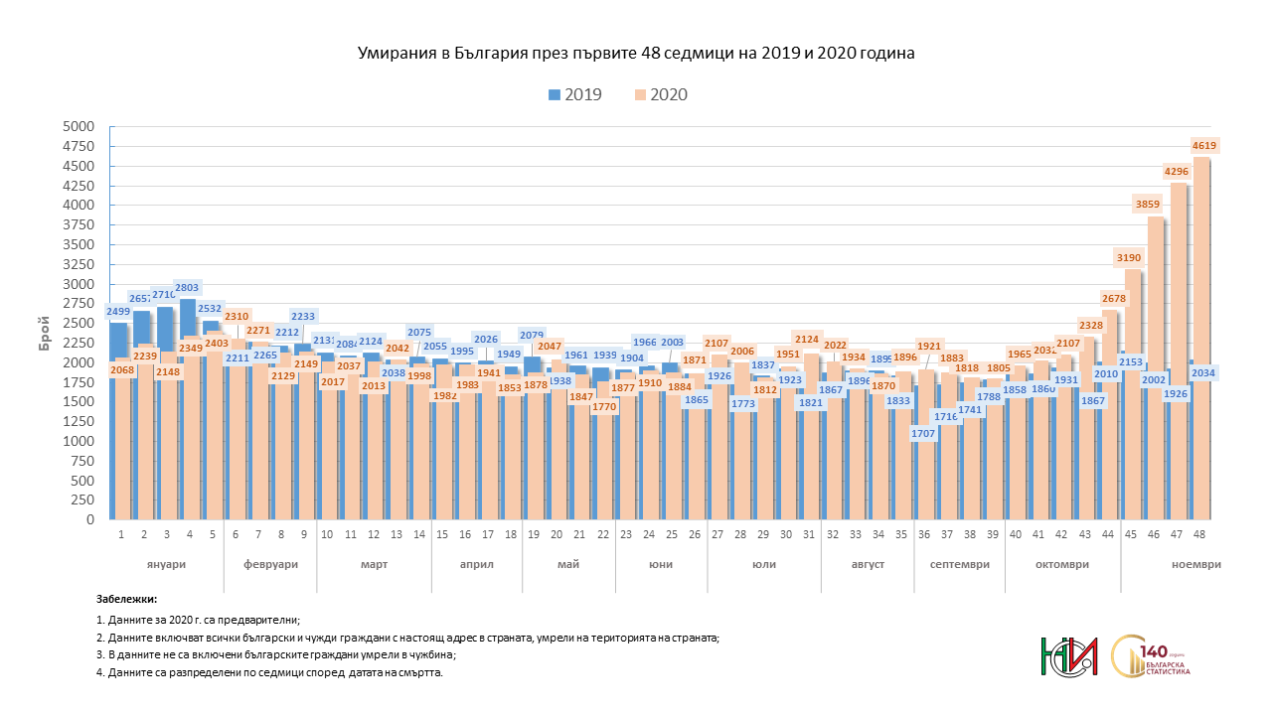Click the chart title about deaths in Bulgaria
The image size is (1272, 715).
tap(636, 54)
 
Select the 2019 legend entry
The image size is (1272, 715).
tap(573, 95)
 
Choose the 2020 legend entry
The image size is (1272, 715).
tap(660, 95)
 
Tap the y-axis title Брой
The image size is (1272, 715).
tap(46, 323)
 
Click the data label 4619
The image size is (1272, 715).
tap(1203, 146)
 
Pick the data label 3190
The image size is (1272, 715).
tap(1128, 257)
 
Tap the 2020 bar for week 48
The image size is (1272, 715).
tap(1201, 338)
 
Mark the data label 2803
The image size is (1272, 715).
tap(188, 286)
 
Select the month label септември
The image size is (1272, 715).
tap(959, 564)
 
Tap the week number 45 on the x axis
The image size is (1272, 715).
tap(1131, 534)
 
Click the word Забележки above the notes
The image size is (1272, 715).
tap(126, 599)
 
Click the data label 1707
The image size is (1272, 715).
tap(924, 434)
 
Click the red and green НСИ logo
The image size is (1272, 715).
tap(1069, 655)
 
